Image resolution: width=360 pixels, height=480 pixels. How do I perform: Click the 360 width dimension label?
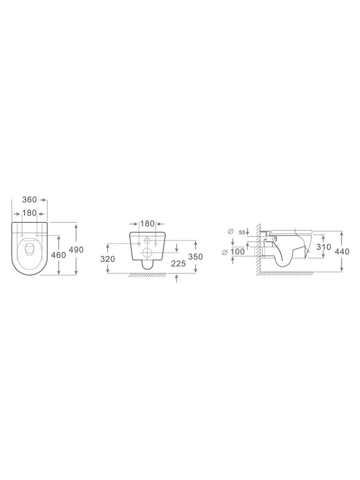tap(30, 200)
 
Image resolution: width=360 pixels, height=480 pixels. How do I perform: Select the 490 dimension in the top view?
tap(76, 250)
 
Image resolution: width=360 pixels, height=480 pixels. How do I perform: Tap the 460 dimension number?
tap(58, 255)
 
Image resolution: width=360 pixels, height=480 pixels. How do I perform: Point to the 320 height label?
tap(108, 259)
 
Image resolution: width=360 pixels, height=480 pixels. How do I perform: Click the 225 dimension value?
tap(178, 264)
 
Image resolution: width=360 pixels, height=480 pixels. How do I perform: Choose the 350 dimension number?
tap(196, 257)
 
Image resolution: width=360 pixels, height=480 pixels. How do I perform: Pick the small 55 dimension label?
tap(242, 232)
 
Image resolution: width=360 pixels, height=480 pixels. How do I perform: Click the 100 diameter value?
tap(238, 252)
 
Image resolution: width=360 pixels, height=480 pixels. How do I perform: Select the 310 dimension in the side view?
tap(324, 247)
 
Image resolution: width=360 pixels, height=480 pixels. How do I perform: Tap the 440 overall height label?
tap(342, 252)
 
